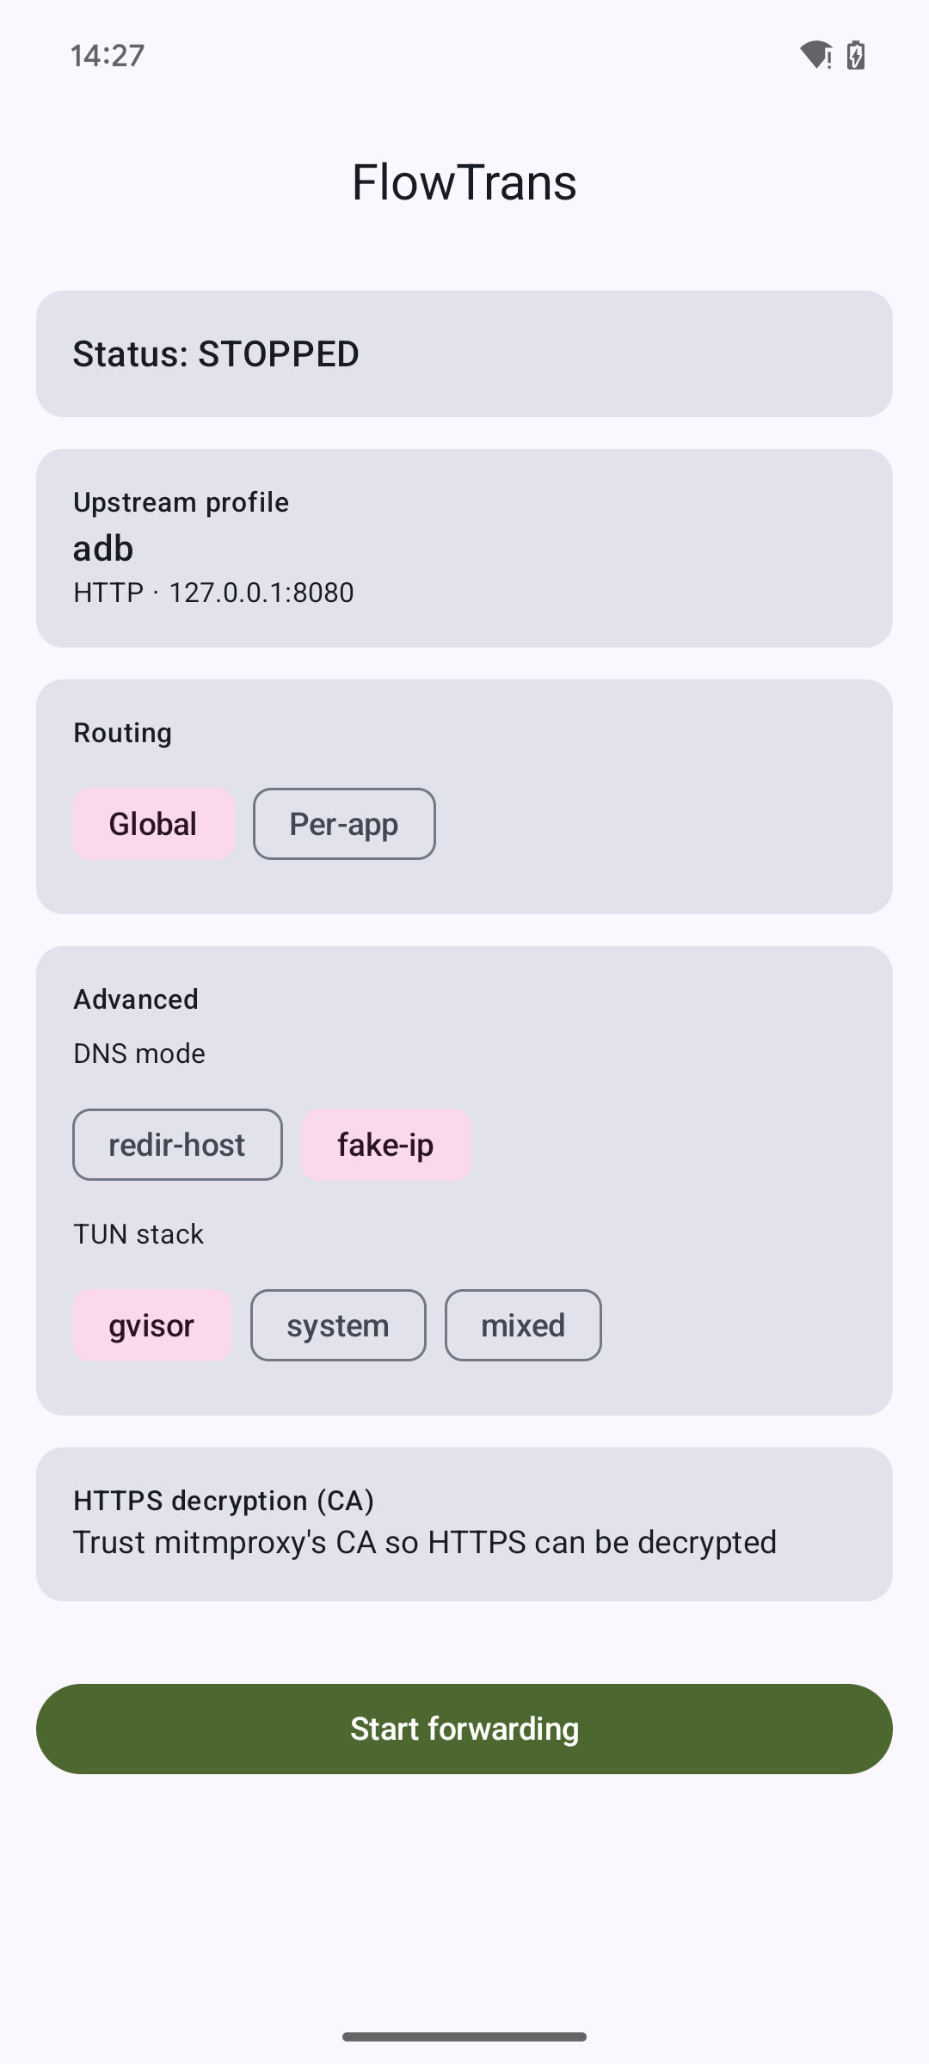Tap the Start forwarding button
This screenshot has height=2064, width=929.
[x=464, y=1729]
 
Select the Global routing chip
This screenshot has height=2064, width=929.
[x=154, y=824]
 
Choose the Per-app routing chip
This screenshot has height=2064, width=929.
[x=344, y=824]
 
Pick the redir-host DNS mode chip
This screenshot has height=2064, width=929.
[x=177, y=1145]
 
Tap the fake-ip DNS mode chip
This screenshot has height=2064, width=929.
[x=386, y=1145]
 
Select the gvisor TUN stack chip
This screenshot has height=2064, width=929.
[x=152, y=1325]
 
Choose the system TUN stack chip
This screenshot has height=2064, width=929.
[x=338, y=1325]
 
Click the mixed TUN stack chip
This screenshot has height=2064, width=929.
[x=523, y=1325]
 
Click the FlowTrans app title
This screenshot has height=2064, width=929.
[x=464, y=182]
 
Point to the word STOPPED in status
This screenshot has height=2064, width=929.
[x=279, y=354]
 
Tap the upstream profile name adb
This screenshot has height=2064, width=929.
[x=103, y=549]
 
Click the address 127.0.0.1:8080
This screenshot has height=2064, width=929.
[x=261, y=593]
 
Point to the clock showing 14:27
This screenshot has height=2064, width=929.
[x=108, y=56]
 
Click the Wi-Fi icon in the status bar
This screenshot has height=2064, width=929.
[x=815, y=55]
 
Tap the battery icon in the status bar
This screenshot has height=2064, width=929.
[x=856, y=55]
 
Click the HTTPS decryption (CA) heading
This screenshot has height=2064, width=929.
[x=224, y=1501]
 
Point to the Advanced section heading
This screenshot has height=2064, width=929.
[x=136, y=999]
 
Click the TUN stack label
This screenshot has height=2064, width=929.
[x=138, y=1234]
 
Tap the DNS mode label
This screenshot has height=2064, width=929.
[x=139, y=1053]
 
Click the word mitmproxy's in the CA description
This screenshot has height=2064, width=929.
[x=241, y=1543]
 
